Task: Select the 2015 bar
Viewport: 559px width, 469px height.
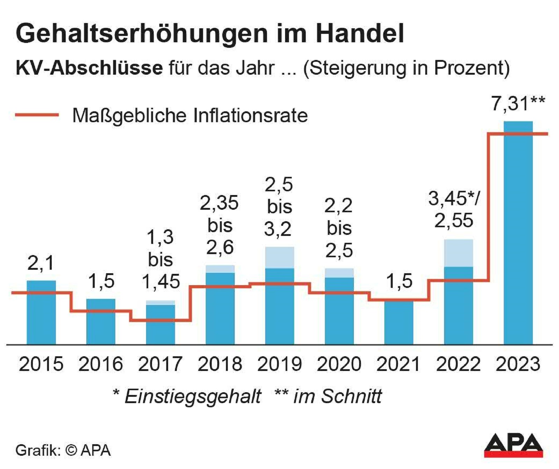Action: [41, 314]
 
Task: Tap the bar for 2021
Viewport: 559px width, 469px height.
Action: [399, 323]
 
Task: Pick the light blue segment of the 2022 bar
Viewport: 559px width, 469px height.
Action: [458, 253]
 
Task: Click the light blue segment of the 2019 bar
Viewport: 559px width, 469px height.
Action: [279, 258]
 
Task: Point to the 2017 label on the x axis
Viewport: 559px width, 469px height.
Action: [160, 364]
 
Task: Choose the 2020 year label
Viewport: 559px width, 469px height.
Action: [339, 364]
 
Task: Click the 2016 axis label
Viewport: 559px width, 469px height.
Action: [101, 364]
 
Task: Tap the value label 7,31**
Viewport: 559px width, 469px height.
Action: [518, 104]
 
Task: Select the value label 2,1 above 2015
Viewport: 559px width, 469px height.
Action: [41, 263]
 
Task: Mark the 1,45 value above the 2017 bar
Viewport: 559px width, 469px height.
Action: [161, 282]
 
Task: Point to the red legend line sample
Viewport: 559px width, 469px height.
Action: [37, 115]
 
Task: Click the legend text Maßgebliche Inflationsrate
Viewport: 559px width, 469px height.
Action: [190, 116]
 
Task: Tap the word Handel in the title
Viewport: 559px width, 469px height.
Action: [360, 33]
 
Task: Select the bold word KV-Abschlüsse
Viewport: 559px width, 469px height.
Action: [89, 68]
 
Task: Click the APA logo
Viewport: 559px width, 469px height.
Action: [513, 445]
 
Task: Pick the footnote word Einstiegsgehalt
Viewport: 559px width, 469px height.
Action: [193, 396]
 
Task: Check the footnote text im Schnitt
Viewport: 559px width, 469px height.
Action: [337, 396]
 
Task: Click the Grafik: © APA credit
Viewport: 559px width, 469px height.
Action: [63, 450]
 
